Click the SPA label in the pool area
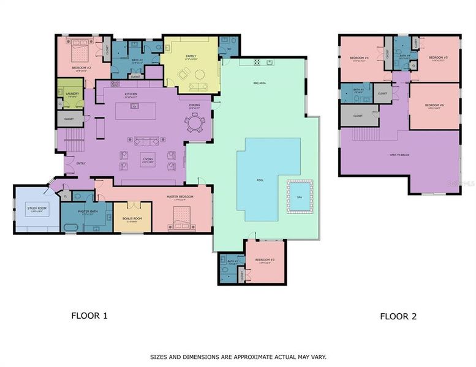300,196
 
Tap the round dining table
195,124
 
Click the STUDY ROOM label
36,209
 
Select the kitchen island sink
134,106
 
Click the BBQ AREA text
259,83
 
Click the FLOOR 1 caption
89,316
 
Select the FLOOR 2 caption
398,316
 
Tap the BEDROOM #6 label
434,105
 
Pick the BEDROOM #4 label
358,58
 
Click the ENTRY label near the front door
80,163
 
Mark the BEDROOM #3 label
265,260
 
